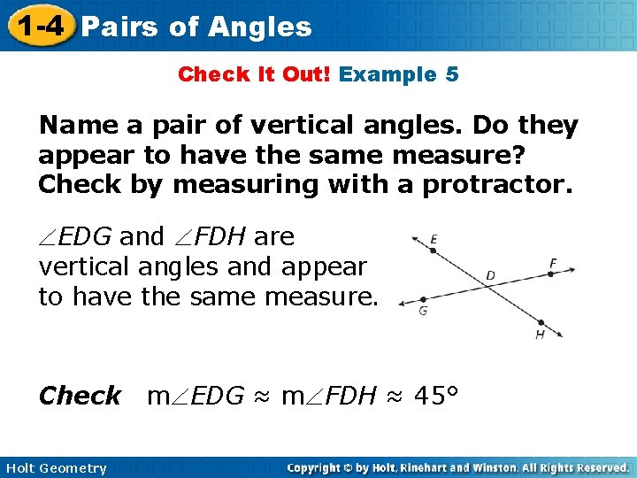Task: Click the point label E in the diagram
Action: [434, 239]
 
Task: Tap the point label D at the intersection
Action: [490, 276]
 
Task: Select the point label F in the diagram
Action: [553, 263]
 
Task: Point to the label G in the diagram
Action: [423, 312]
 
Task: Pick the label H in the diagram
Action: [539, 335]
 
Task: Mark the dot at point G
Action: [424, 299]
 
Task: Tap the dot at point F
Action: [549, 274]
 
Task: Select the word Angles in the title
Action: [261, 27]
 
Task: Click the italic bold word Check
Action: [80, 396]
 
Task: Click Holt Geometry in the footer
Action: [55, 468]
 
